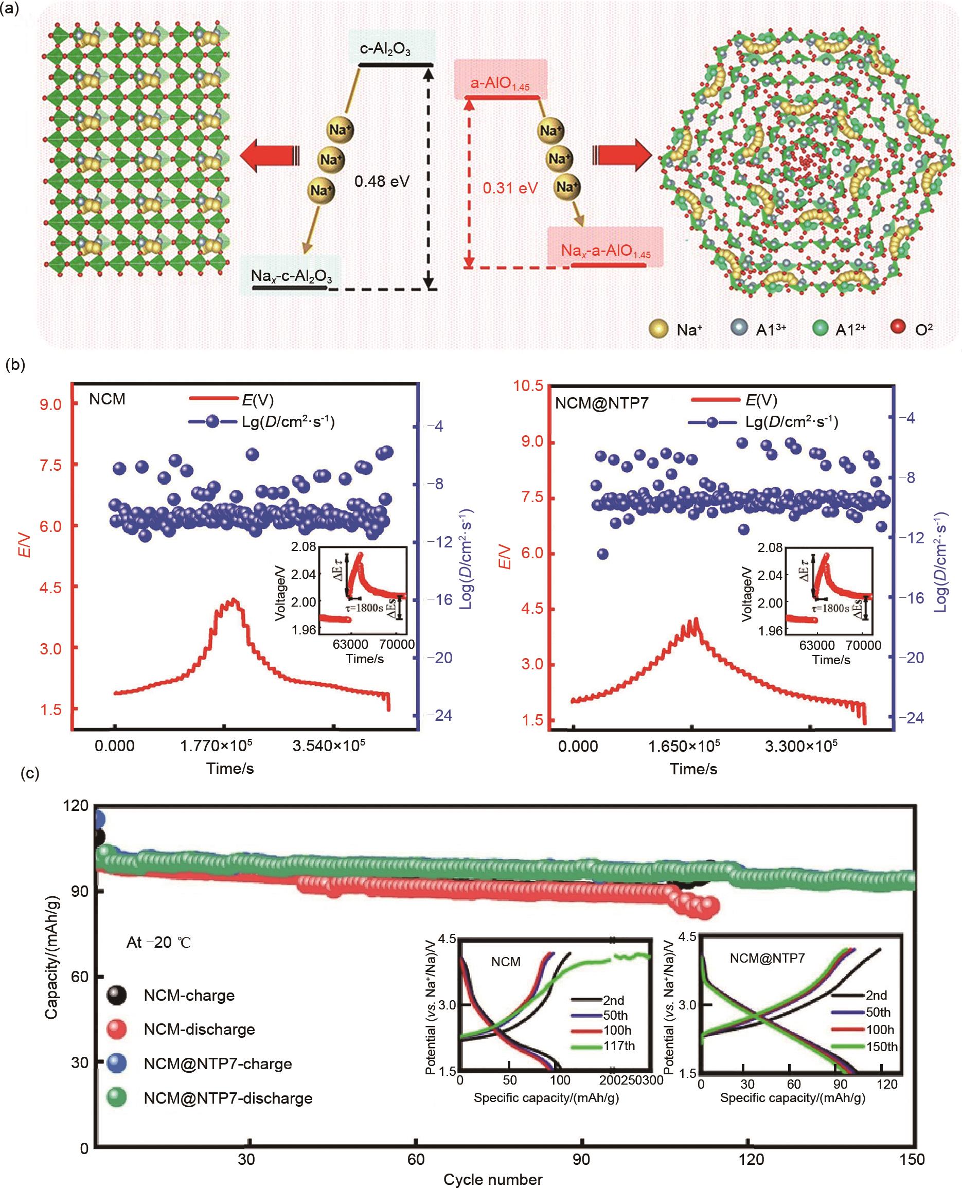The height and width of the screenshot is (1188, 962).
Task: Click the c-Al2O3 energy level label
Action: click(x=385, y=50)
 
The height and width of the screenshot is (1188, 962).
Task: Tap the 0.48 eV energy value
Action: click(x=382, y=181)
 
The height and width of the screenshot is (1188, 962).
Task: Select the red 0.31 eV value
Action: click(x=510, y=188)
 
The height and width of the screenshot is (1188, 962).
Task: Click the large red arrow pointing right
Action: click(x=622, y=154)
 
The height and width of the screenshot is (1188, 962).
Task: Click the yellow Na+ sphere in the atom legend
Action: click(x=658, y=329)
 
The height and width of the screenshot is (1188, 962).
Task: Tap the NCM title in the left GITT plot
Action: click(x=107, y=399)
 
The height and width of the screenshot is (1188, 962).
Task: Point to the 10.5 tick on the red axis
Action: click(x=529, y=386)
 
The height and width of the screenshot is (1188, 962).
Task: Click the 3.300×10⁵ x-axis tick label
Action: click(x=801, y=746)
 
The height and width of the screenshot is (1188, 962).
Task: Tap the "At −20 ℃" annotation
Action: click(x=158, y=942)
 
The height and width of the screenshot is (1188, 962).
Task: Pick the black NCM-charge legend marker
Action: click(x=116, y=995)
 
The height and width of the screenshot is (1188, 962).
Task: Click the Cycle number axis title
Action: click(x=493, y=1179)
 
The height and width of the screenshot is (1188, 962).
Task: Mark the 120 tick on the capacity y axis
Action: click(x=77, y=806)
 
